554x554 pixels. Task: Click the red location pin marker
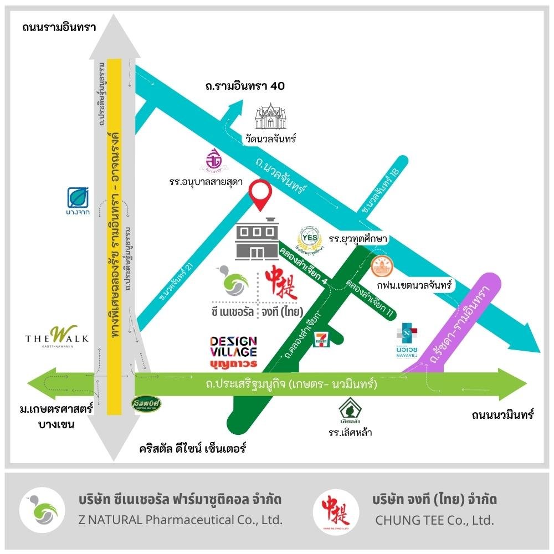pos(260,194)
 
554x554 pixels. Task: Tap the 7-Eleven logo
pos(320,339)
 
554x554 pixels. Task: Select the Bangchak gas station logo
pos(79,198)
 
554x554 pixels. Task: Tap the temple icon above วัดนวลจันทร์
pos(273,117)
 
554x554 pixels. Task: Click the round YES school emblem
pos(309,239)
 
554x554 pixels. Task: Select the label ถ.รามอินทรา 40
pos(244,86)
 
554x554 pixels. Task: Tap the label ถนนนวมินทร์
pos(502,414)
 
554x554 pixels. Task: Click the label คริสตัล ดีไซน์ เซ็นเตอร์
pos(192,448)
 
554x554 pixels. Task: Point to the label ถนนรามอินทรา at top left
pos(60,27)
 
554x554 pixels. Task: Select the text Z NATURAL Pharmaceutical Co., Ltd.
pos(181,520)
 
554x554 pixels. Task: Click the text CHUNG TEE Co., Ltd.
pos(434,520)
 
